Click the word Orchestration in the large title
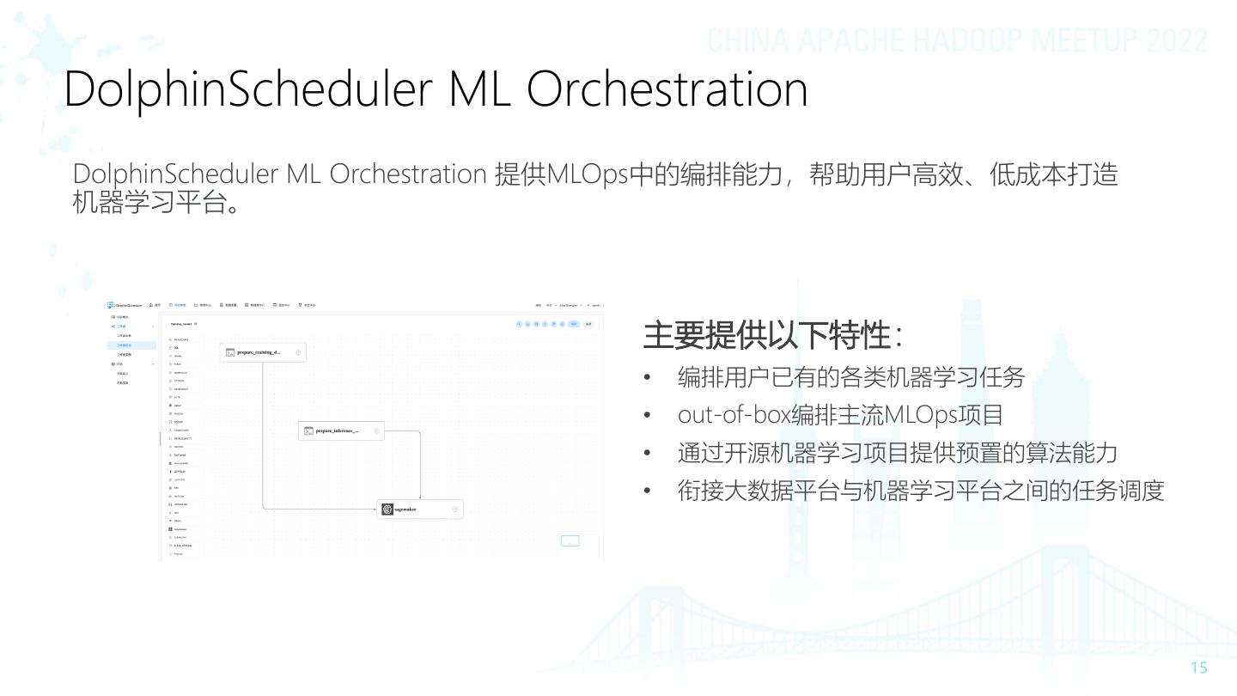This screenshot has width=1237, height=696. [x=667, y=89]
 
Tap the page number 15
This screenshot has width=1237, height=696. [x=1198, y=669]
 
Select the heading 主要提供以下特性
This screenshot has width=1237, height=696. [x=766, y=335]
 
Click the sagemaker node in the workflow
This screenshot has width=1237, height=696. [x=420, y=510]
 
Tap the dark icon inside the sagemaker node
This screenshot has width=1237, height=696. [x=387, y=510]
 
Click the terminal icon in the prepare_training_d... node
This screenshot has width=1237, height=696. [x=230, y=352]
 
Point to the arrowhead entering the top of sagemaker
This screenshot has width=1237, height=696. [x=420, y=498]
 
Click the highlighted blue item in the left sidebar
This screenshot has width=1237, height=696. [x=125, y=345]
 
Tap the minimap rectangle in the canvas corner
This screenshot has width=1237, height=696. [x=570, y=541]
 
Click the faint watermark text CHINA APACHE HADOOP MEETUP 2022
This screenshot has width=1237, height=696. [x=957, y=41]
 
